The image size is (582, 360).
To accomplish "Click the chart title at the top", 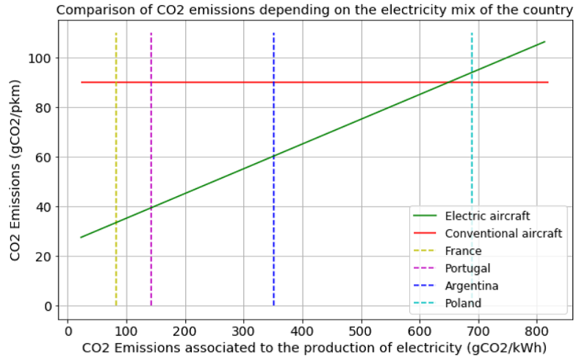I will pyautogui.click(x=315, y=10).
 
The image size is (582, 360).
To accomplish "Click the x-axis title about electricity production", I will pyautogui.click(x=315, y=346).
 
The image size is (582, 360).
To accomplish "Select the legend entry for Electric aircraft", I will pyautogui.click(x=488, y=216).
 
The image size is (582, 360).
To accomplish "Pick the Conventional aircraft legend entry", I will pyautogui.click(x=503, y=234).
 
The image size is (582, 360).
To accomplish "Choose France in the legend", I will pyautogui.click(x=463, y=251).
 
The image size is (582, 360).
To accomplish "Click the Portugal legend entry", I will pyautogui.click(x=467, y=268).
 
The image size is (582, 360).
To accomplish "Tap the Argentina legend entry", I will pyautogui.click(x=472, y=286).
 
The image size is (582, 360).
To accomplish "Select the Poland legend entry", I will pyautogui.click(x=463, y=303).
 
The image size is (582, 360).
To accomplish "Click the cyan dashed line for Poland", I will pyautogui.click(x=472, y=147).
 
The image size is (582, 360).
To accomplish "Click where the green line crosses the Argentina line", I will pyautogui.click(x=273, y=156).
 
